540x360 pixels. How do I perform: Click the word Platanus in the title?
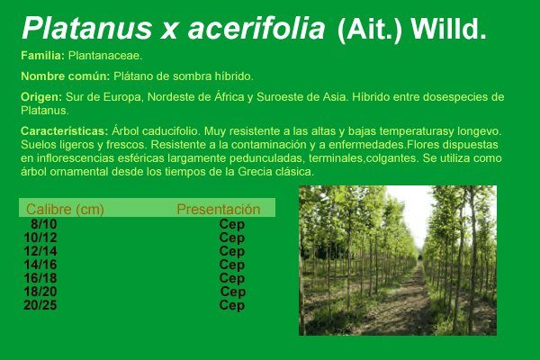point(86,28)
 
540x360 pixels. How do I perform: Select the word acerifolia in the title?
point(256,28)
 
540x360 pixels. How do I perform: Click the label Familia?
point(42,56)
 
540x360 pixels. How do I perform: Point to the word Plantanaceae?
point(105,56)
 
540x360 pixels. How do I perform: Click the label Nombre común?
point(66,76)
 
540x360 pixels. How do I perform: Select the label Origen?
point(41,97)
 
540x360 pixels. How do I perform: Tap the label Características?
point(65,130)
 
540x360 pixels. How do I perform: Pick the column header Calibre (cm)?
point(65,209)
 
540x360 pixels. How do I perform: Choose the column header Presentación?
point(219,209)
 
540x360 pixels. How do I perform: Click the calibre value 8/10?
point(44,224)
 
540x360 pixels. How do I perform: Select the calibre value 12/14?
point(40,251)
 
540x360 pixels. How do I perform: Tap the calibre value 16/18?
point(40,278)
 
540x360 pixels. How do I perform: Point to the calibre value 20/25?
point(40,305)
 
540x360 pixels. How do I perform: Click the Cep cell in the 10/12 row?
point(232,238)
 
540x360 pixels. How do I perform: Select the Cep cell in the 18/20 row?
point(233,292)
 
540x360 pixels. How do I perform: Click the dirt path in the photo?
point(408,303)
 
